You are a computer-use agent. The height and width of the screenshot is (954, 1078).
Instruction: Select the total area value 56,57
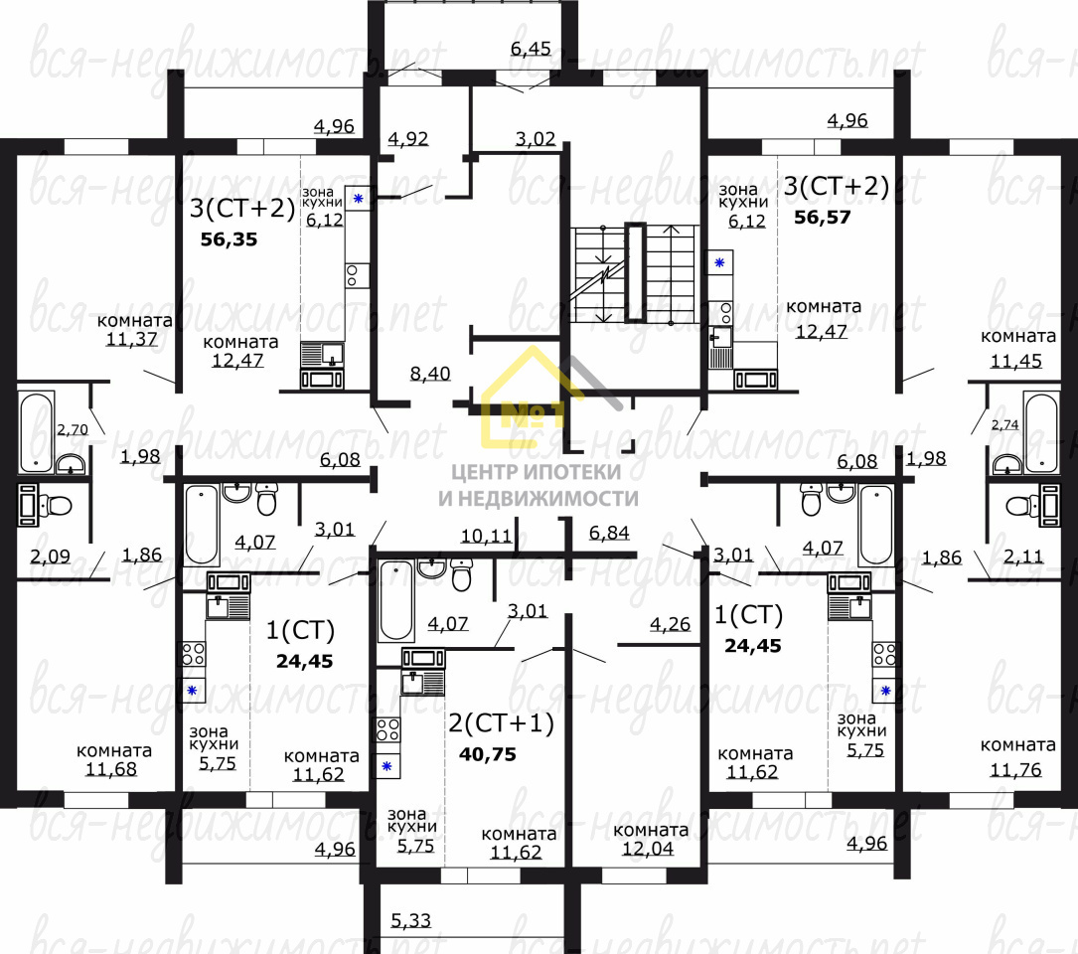[822, 217]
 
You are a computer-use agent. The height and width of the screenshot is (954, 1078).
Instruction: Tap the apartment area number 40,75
[488, 754]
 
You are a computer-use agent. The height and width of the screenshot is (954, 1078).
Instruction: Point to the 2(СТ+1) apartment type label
[501, 723]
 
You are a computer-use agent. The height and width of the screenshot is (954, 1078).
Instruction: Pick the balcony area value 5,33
[410, 920]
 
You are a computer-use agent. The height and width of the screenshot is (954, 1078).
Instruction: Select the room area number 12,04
[651, 850]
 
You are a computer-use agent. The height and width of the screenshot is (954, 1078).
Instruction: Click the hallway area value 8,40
[430, 374]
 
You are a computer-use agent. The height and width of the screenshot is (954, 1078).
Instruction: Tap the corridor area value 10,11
[486, 536]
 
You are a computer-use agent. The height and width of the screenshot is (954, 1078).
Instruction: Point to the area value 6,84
[609, 535]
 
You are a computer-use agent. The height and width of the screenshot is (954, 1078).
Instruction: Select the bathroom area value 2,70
[72, 430]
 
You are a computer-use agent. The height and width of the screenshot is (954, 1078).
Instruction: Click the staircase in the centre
[635, 273]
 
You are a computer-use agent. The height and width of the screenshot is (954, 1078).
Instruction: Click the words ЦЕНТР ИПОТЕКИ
[538, 472]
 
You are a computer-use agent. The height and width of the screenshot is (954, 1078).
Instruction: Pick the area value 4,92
[407, 138]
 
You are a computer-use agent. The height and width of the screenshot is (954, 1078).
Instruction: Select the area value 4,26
[670, 625]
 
